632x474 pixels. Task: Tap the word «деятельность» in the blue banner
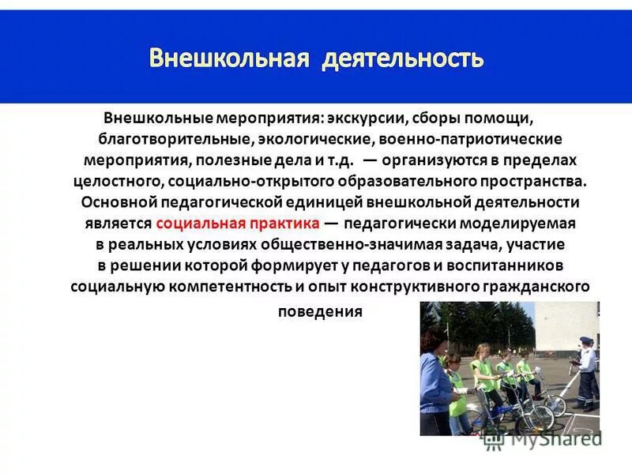tap(402, 59)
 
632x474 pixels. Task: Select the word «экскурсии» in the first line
tap(364, 118)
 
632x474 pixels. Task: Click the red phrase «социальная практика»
tap(237, 224)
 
